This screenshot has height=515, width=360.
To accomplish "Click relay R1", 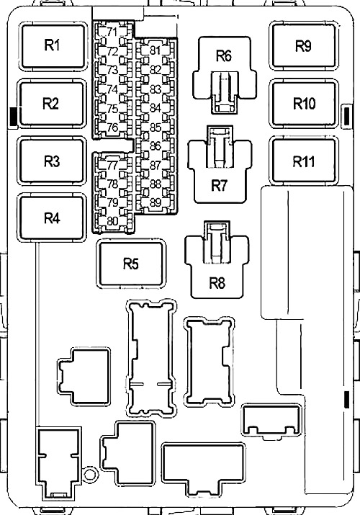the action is [x=53, y=45].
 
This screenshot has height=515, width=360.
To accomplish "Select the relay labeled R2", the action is [x=52, y=103].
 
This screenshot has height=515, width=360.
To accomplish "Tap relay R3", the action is [x=52, y=161].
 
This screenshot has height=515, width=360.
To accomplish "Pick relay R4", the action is [x=52, y=218].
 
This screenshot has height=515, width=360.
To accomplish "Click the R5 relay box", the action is [x=131, y=264].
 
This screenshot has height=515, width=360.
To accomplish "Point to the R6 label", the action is [x=223, y=55].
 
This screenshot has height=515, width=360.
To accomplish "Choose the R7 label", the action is [x=219, y=185].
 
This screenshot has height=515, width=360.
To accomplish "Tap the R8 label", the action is [x=217, y=282].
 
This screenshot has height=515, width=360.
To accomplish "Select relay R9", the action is [x=303, y=46].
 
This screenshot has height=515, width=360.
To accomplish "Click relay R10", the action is [x=304, y=104].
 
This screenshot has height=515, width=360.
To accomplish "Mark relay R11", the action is [x=304, y=161].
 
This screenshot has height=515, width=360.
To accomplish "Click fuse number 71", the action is [x=112, y=32].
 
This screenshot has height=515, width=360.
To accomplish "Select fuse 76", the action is [x=112, y=127].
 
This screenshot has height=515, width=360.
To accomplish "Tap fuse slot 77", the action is [x=112, y=165].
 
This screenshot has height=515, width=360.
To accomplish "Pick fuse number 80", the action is [x=112, y=221].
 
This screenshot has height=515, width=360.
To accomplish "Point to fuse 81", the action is [x=155, y=50].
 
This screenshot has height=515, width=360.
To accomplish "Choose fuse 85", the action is [x=155, y=127].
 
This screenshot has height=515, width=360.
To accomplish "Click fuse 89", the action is [x=155, y=202].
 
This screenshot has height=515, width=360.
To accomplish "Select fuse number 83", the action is [x=155, y=89].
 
